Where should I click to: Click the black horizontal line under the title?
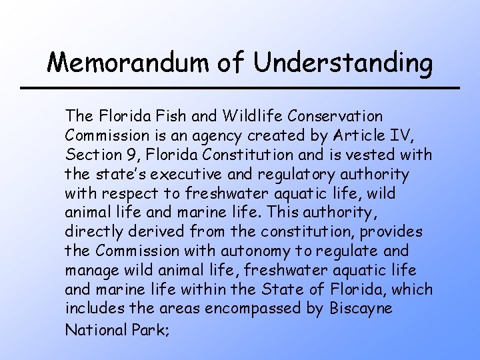click(240, 88)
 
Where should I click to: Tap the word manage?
click(92, 271)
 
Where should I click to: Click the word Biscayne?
click(360, 310)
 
